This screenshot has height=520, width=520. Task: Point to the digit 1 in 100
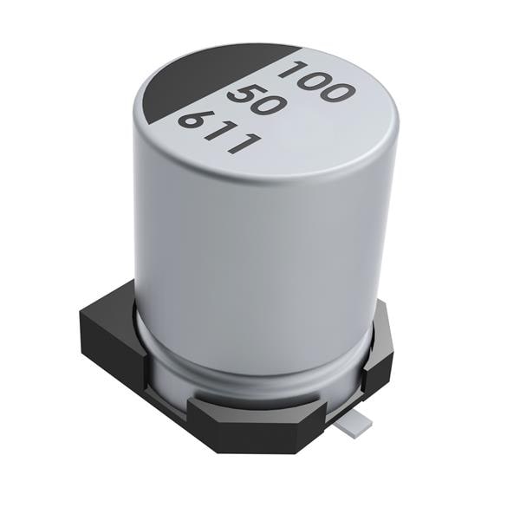[x=296, y=72]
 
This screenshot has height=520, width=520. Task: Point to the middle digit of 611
[x=218, y=133]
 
